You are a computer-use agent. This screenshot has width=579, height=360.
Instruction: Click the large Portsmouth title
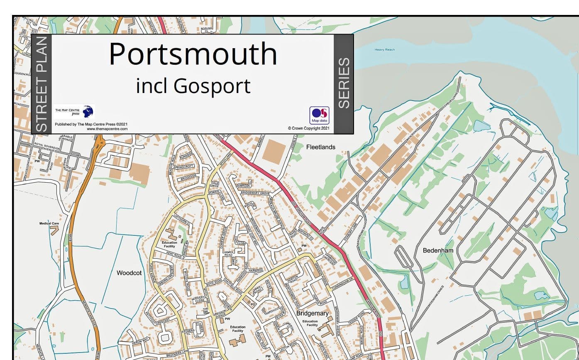coord(193,54)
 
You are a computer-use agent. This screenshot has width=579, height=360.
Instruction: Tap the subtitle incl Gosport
coord(193,86)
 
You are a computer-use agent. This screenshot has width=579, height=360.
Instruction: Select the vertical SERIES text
coord(344,83)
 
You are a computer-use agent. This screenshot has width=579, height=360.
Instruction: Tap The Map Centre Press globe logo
coord(88,111)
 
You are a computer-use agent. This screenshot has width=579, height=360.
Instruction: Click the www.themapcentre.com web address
coord(107,129)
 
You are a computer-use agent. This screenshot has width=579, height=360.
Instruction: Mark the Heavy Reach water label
coord(385,50)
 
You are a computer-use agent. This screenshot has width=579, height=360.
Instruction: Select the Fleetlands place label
coord(320,147)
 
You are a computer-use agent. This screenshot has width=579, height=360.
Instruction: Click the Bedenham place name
coord(437,250)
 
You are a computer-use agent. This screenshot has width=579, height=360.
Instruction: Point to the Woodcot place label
coord(129,273)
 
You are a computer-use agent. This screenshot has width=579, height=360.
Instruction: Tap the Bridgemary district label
coord(312,313)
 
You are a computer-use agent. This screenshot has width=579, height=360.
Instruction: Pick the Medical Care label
coord(49,223)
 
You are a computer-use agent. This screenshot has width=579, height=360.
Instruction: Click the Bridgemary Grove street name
coord(255,193)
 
